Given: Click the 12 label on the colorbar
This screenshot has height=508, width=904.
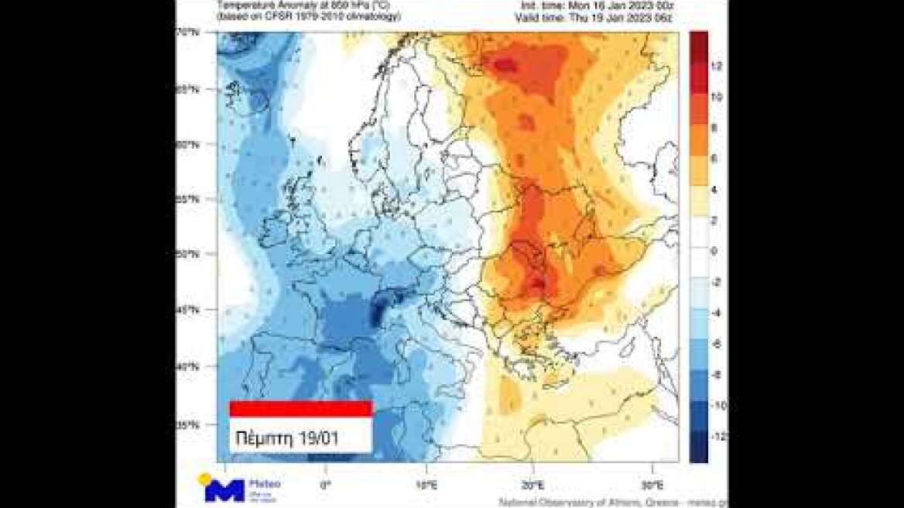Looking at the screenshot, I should pos(717,67).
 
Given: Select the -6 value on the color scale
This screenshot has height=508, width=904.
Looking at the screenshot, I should pos(717,344).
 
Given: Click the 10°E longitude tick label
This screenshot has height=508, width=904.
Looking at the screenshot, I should pos(426,486).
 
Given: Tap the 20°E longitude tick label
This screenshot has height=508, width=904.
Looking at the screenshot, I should pos(532,486).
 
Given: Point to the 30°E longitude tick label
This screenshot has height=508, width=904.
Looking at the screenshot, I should pos(653,486).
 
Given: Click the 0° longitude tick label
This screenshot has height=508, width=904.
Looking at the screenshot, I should pos(325,486).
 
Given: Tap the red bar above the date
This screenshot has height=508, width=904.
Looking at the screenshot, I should pos(300,409).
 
